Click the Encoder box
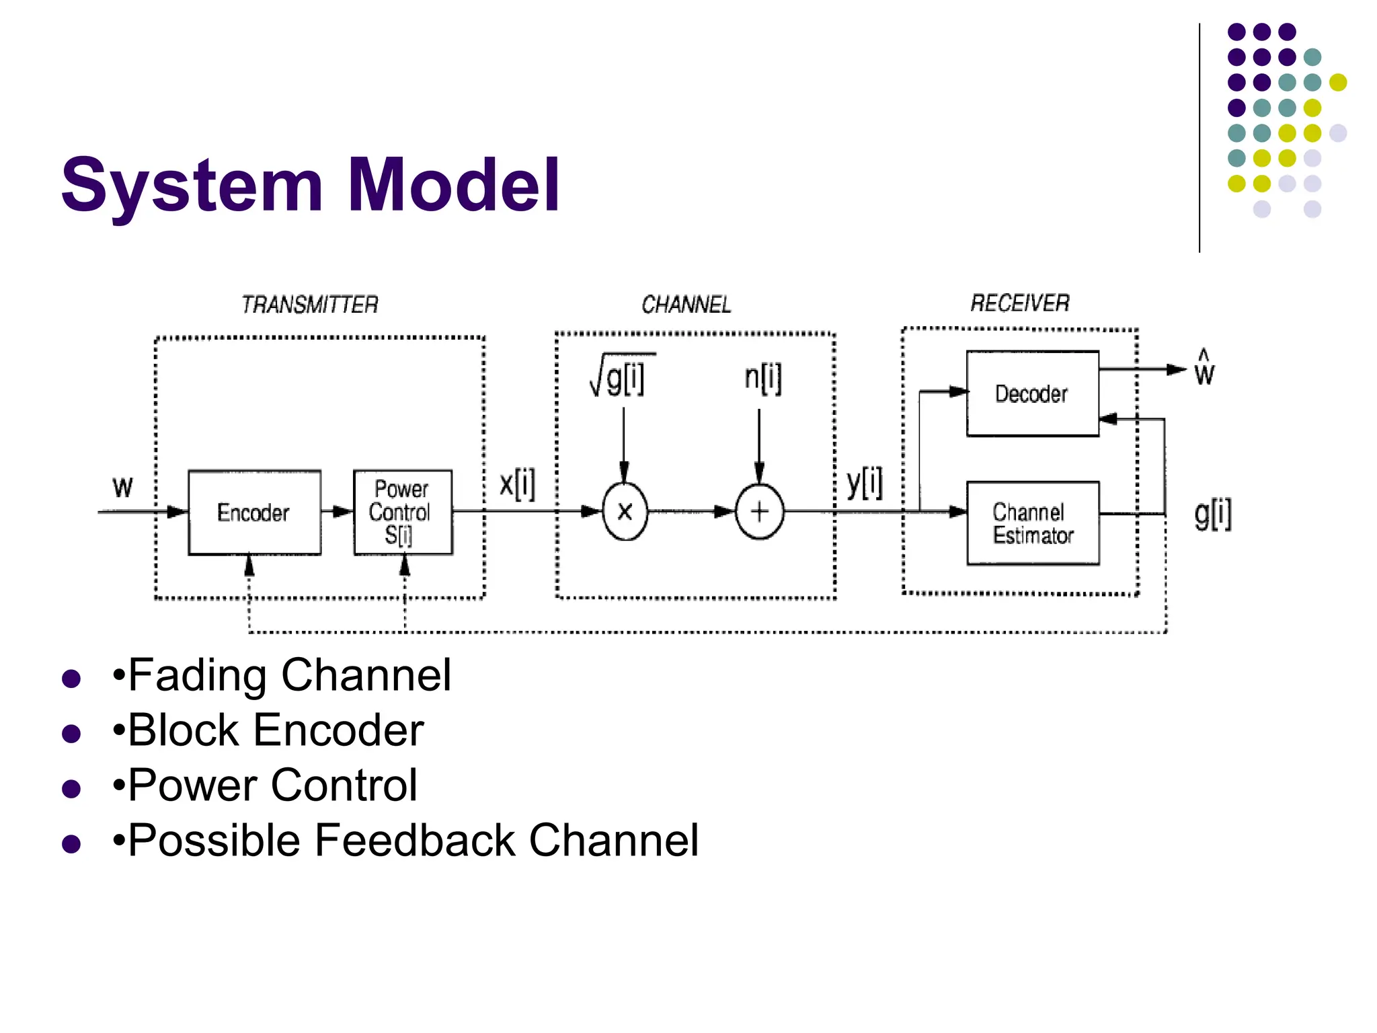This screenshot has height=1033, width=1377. [254, 512]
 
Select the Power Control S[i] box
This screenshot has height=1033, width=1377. [403, 512]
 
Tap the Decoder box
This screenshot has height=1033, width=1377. [1032, 394]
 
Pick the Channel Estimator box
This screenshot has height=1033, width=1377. [1033, 523]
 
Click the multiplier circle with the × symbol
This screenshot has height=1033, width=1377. [625, 512]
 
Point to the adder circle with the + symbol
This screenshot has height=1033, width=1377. [759, 512]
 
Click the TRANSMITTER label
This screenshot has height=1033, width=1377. [310, 305]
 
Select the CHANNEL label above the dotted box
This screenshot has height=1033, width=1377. [686, 305]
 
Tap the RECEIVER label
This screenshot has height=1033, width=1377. [1020, 303]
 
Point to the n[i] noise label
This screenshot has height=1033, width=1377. [763, 378]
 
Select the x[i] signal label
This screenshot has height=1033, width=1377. [517, 484]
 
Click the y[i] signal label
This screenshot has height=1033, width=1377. [865, 483]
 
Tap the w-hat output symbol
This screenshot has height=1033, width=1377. [1204, 369]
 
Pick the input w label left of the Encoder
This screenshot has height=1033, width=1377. [122, 487]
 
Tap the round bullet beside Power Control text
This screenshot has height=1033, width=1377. [71, 788]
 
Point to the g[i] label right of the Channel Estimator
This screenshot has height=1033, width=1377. [1213, 514]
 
